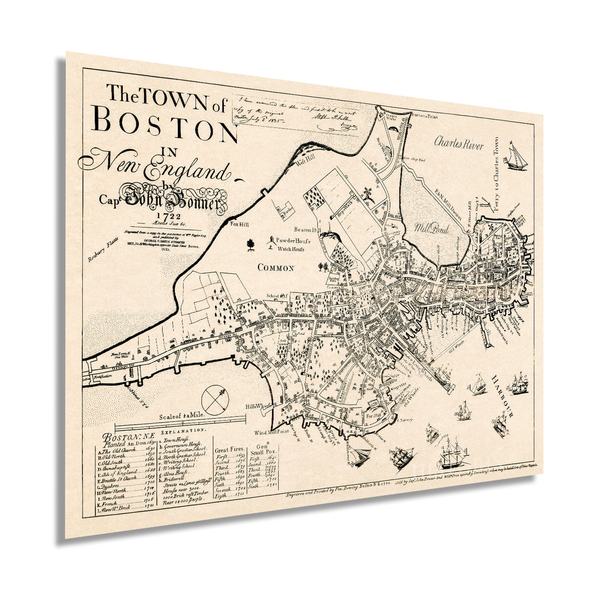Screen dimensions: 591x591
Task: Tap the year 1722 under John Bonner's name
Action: (x=168, y=216)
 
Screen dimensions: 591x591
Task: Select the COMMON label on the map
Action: (x=276, y=268)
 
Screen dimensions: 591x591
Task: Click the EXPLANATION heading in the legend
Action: (x=183, y=430)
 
